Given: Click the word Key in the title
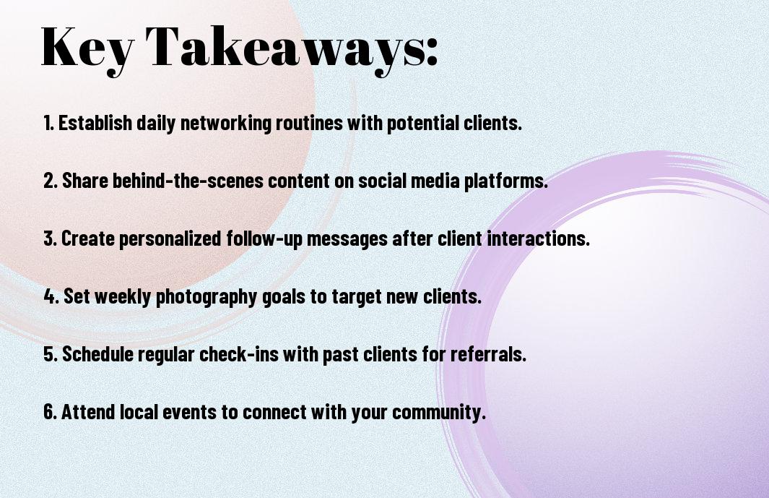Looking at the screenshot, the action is click(87, 49).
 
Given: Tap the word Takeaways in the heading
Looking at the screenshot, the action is click(284, 49).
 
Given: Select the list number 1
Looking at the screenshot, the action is click(48, 123).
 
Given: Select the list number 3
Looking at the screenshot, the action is click(50, 239).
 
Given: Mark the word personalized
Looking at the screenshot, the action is click(170, 239).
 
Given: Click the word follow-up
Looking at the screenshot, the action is click(264, 239).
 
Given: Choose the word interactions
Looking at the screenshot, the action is click(538, 239).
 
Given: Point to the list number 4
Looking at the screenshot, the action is click(51, 296).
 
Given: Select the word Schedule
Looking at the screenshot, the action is click(97, 353).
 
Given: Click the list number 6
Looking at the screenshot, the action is click(51, 411).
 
